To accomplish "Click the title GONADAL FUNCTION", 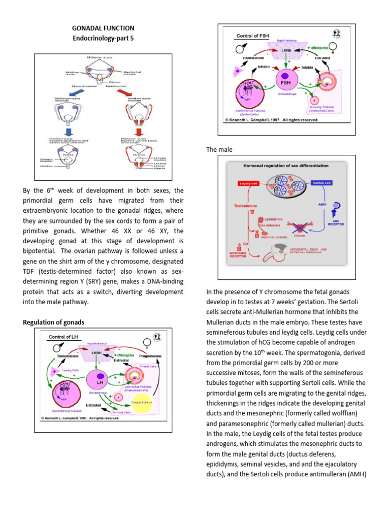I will point(103,28).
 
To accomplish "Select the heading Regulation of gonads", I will point(54,322).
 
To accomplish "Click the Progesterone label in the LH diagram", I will point(150,356).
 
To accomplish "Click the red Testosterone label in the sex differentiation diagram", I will point(246,206).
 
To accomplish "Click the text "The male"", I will point(218,149).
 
